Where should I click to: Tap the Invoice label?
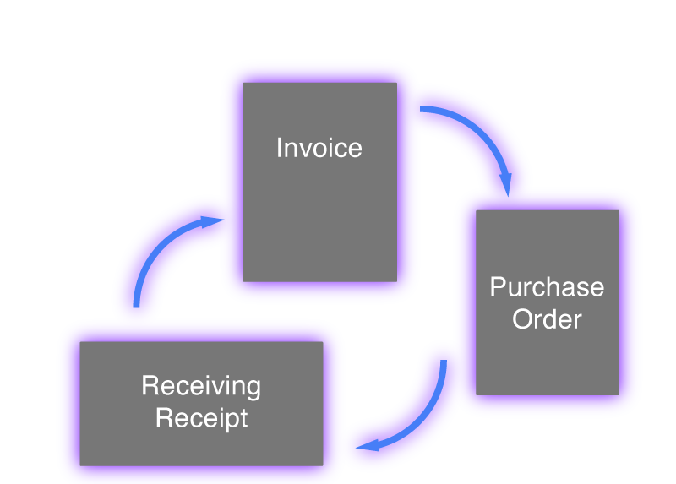click(319, 148)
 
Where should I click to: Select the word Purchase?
click(548, 287)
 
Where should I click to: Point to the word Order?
click(548, 319)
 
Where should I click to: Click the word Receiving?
click(201, 386)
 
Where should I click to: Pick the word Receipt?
click(202, 417)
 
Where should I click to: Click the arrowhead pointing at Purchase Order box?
click(505, 184)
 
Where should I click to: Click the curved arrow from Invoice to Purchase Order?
click(477, 135)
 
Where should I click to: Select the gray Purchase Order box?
click(548, 355)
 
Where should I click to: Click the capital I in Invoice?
click(280, 148)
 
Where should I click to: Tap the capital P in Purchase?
click(498, 287)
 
